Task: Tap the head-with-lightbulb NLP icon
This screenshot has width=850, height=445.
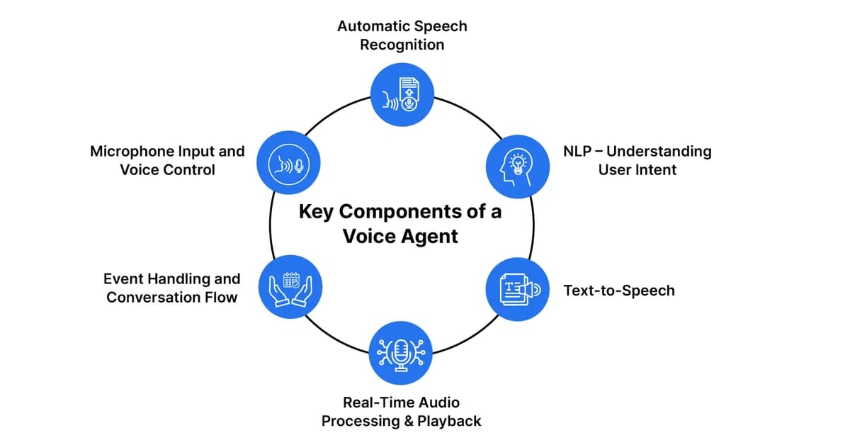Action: pyautogui.click(x=517, y=166)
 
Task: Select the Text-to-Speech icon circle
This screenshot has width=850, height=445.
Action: pyautogui.click(x=517, y=289)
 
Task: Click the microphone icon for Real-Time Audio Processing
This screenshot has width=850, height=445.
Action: pyautogui.click(x=402, y=353)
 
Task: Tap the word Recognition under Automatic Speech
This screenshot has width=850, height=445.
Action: pyautogui.click(x=402, y=45)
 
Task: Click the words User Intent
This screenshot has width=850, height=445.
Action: pyautogui.click(x=637, y=170)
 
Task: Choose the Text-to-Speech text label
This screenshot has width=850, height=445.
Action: pyautogui.click(x=618, y=291)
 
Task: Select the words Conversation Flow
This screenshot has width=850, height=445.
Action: pyautogui.click(x=171, y=298)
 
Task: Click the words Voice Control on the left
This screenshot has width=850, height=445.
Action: pyautogui.click(x=167, y=170)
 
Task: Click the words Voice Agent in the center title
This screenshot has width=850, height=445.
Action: pyautogui.click(x=401, y=236)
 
